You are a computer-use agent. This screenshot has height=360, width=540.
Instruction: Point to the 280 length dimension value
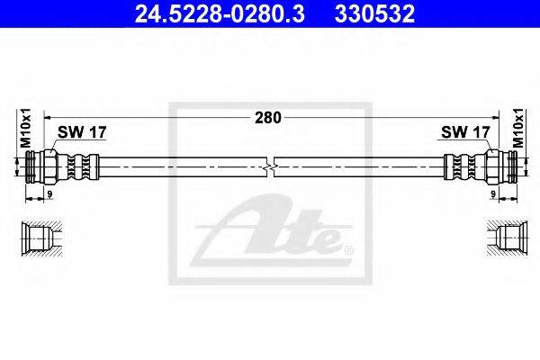point(268,117)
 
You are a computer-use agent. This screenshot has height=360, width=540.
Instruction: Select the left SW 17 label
point(82,132)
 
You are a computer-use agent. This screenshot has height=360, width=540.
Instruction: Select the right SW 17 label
point(463,132)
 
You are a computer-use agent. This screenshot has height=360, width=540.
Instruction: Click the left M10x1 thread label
point(26,128)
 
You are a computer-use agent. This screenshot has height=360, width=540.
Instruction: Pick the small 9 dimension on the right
point(494,193)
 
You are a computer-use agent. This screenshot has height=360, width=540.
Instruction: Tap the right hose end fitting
point(481,167)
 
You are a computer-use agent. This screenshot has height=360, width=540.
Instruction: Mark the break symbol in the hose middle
point(270,167)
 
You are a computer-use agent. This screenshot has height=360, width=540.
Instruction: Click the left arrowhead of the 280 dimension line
point(47,117)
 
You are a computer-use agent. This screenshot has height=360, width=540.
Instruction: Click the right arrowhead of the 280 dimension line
point(495,117)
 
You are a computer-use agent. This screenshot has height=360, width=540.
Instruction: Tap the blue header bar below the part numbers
point(270,30)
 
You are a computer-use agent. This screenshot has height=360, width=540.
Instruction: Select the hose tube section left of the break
point(180,167)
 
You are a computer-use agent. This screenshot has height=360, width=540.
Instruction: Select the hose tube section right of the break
point(360,167)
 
